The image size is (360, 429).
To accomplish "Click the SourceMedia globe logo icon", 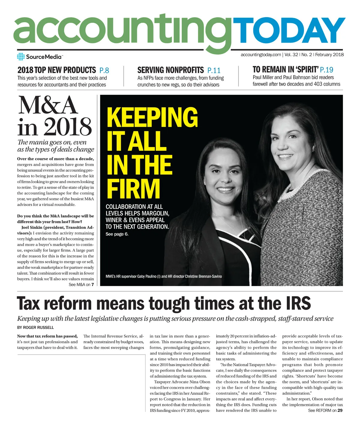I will pos(21,57).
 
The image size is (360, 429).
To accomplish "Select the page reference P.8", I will pos(104,71).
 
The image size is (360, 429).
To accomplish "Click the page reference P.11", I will pos(214,71).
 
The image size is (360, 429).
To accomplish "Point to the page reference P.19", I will pos(326,70).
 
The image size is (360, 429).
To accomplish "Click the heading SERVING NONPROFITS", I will pos(170,70).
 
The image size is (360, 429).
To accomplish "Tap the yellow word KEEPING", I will pos(152,117).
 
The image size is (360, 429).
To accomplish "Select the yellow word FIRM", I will pos(133,189).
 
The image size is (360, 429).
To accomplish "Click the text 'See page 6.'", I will pos(117,234).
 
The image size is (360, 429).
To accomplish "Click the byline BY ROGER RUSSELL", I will pos(35,328).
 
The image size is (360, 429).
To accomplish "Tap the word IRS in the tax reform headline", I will pos(296,304).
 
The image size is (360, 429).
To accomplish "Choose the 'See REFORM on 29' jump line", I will pos(325,410).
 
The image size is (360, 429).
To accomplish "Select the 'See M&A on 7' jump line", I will pos(81,285).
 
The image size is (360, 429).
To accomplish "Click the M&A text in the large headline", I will pos(48,106).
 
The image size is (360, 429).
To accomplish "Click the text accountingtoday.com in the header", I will pos(261,55).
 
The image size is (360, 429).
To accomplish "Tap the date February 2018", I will pos(329,55).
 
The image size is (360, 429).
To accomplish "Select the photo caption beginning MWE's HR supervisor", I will pos(164,276).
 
